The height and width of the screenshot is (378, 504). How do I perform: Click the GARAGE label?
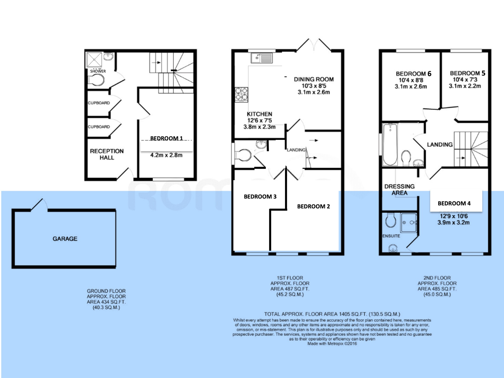tap(65, 239)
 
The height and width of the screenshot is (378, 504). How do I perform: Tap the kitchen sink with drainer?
tap(262, 58)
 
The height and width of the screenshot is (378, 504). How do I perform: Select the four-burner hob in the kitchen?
tap(241, 94)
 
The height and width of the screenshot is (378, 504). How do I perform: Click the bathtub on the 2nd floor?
tap(390, 144)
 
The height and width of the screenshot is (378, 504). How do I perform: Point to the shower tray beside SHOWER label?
tap(94, 60)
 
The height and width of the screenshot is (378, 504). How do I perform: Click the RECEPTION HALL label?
tap(107, 154)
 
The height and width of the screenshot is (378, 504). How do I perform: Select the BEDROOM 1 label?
tap(166, 138)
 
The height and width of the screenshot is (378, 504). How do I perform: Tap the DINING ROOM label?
tap(314, 79)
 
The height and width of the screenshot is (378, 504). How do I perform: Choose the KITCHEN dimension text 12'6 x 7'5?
tap(260, 120)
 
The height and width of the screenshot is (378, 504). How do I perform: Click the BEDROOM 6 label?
tap(414, 74)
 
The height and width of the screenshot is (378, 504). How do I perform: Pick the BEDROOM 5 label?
tap(467, 73)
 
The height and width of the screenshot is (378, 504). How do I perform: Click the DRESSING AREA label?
tap(399, 190)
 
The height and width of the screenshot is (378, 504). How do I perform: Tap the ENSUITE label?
tap(391, 236)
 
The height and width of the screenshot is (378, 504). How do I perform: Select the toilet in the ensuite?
tap(391, 220)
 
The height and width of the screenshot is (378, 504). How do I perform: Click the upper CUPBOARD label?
tap(99, 103)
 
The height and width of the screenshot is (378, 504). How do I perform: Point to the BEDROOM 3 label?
tap(260, 197)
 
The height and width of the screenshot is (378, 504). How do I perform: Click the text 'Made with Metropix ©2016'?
tap(332, 344)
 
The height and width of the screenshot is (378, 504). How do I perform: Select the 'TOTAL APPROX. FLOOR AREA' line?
tap(332, 314)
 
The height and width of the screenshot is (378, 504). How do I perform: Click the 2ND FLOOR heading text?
tap(437, 278)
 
